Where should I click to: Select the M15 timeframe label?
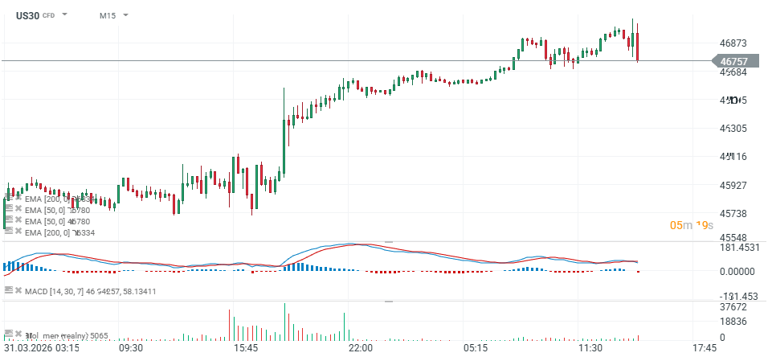pos(107,15)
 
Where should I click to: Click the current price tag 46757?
pos(733,61)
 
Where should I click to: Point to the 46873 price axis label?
pos(734,43)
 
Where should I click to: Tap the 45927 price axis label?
pos(734,186)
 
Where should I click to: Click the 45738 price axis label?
pos(734,214)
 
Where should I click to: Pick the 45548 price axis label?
pos(734,239)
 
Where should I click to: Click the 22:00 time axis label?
pos(360,349)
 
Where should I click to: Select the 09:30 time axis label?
pos(130,349)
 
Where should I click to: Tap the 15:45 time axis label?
pos(245,349)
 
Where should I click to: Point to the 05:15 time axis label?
pos(475,349)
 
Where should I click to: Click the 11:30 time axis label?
pos(590,349)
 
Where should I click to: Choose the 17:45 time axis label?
pos(705,349)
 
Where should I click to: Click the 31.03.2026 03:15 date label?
pos(42,349)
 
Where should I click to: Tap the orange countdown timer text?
pos(692,225)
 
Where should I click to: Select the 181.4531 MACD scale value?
pos(739,248)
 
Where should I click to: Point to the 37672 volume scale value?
pos(734,307)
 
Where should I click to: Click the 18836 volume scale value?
pos(734,322)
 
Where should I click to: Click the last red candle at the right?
pos(637,46)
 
